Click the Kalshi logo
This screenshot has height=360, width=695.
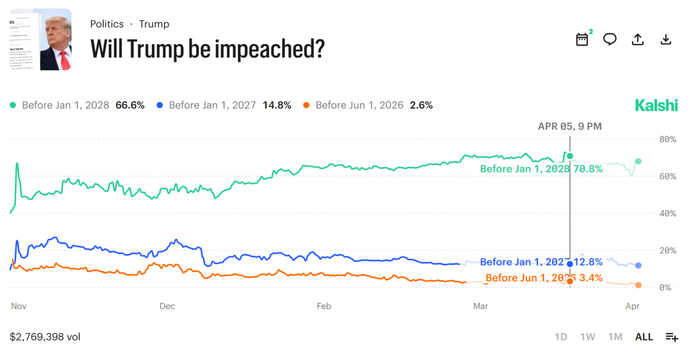[x=656, y=105]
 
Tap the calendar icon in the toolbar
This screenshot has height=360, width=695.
[x=582, y=40]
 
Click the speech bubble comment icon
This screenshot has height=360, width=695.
[x=610, y=40]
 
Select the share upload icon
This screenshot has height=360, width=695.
[x=638, y=40]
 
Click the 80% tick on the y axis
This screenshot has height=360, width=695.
[x=667, y=140]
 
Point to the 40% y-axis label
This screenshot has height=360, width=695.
[x=667, y=213]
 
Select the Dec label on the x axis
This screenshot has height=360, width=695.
[x=167, y=306]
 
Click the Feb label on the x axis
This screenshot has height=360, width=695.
[x=324, y=306]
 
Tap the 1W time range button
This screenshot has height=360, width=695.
[x=587, y=337]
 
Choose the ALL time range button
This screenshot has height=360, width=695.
[x=644, y=337]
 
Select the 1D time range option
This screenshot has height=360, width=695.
[x=561, y=337]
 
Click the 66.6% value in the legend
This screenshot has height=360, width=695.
[x=130, y=105]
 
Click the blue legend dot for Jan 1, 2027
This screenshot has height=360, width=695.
[x=160, y=105]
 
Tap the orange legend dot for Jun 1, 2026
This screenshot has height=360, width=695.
[x=307, y=105]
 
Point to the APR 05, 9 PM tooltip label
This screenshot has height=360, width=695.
[x=570, y=127]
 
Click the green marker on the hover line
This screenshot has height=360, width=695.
[x=570, y=156]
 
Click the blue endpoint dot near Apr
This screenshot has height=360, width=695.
[x=638, y=266]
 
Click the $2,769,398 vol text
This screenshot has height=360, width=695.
[x=45, y=337]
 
